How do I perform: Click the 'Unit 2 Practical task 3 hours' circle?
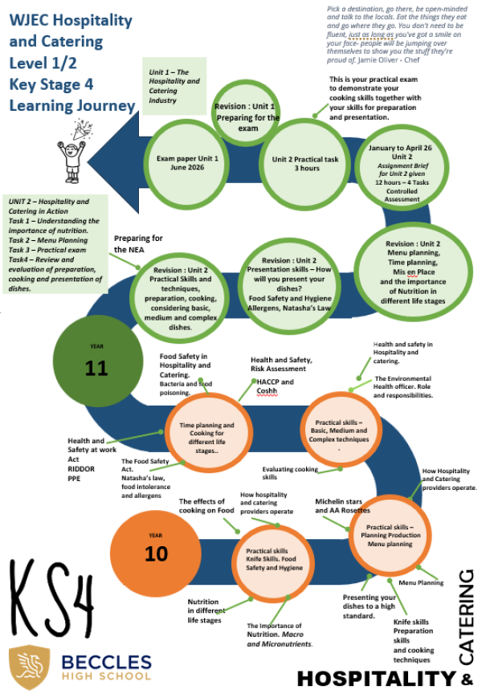(x=296, y=163)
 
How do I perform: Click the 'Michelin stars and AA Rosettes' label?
(x=342, y=505)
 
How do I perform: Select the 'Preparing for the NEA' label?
(x=138, y=243)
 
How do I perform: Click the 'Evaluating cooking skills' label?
(x=291, y=473)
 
